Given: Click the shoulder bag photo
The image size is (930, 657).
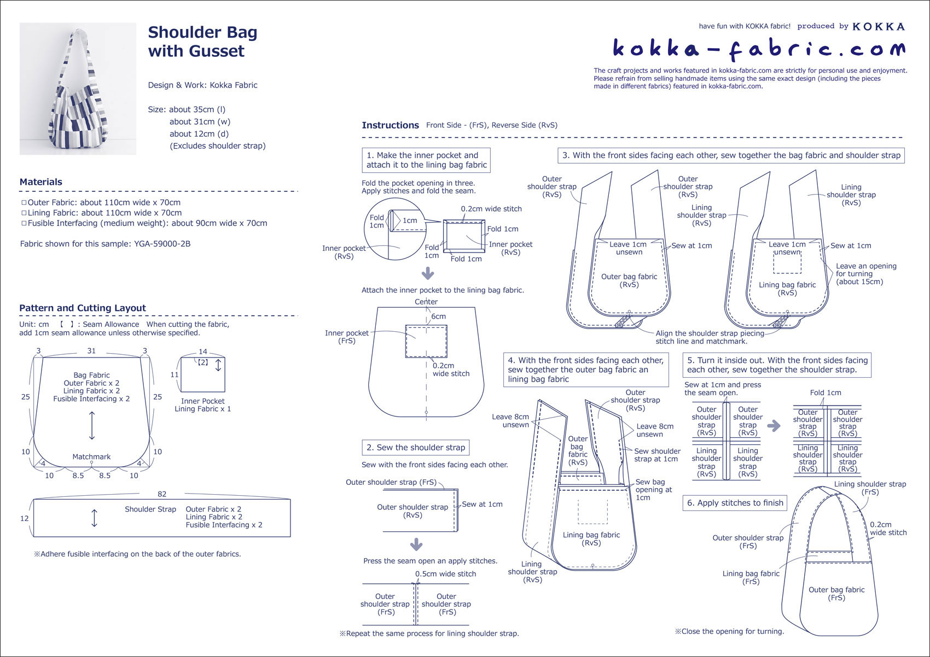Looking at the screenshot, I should (x=78, y=89).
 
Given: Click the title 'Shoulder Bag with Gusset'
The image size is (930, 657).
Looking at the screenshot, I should (x=202, y=42).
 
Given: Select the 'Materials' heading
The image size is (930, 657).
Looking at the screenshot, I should (x=41, y=182).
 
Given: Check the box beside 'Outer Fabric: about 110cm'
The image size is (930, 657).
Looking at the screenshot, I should (x=24, y=203).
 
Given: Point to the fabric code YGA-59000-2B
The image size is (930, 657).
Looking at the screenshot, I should (x=162, y=244).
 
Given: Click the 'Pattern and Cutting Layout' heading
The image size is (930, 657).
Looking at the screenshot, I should (x=83, y=308).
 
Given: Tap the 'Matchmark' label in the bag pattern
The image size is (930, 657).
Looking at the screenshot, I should (x=91, y=456).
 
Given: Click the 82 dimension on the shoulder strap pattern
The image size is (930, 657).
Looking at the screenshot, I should (x=162, y=494).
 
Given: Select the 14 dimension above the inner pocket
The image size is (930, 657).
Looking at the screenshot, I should (x=203, y=351).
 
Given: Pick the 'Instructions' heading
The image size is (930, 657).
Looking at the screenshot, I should (x=390, y=125).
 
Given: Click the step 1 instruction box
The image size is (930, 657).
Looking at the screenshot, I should (x=426, y=160).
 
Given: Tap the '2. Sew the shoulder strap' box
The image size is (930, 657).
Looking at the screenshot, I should (x=416, y=448).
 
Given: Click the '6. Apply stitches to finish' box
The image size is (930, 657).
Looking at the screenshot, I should (x=735, y=503).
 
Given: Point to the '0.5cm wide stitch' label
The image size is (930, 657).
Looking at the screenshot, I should (x=445, y=574).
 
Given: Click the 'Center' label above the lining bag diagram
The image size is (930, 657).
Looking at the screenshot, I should (x=426, y=302).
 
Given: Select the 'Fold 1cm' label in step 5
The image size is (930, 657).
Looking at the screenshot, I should (x=826, y=392).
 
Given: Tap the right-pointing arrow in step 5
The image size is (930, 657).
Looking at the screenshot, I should (x=774, y=426).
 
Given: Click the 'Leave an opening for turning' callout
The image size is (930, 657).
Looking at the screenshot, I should (x=865, y=274).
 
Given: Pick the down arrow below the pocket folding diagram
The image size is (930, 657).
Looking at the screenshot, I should (x=428, y=273).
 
